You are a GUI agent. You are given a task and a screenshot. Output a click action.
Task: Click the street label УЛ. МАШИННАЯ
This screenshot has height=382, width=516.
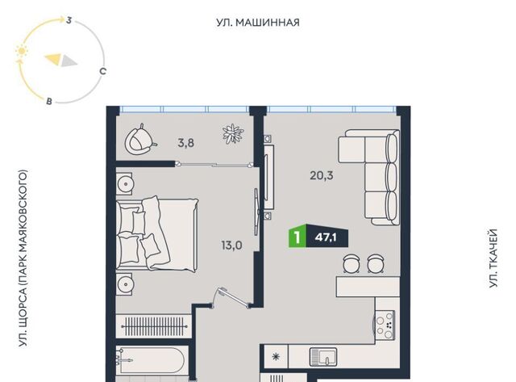[258, 23]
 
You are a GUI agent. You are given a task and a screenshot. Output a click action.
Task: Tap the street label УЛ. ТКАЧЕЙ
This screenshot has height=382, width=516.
[493, 258]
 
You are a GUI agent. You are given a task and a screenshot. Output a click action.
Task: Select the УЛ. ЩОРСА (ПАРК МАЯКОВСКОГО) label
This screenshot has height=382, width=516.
[23, 258]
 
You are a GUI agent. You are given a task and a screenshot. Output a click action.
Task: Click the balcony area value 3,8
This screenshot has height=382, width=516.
[186, 143]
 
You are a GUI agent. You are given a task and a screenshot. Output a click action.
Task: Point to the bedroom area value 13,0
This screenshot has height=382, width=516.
[231, 246]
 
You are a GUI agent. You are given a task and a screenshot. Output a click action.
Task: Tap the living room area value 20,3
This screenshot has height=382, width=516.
[322, 175]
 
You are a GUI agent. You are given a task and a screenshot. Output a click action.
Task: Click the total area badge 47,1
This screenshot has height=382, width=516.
[326, 237]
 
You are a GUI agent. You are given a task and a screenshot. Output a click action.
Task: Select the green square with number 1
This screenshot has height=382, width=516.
[298, 237]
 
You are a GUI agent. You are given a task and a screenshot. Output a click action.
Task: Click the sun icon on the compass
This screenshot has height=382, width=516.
[22, 52]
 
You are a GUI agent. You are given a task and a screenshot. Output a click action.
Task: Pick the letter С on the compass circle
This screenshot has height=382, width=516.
[103, 71]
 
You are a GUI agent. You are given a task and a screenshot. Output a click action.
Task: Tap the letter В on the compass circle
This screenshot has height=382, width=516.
[49, 101]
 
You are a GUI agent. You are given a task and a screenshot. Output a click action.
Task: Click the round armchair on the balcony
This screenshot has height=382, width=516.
[139, 140]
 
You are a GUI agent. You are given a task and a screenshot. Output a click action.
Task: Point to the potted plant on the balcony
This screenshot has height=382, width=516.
[233, 133]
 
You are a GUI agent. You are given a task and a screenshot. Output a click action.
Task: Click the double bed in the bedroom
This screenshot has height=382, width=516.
[157, 234]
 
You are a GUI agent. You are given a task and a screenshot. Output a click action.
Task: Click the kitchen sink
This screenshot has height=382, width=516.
[323, 357]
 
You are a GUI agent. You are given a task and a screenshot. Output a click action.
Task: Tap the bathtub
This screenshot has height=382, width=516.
[152, 360]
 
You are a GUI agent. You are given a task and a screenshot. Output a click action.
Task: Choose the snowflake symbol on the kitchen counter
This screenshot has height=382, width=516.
[276, 356]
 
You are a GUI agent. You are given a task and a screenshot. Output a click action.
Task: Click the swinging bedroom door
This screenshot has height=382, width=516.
[231, 298]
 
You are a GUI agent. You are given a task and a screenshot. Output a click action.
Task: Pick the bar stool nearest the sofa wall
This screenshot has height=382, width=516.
[375, 263]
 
